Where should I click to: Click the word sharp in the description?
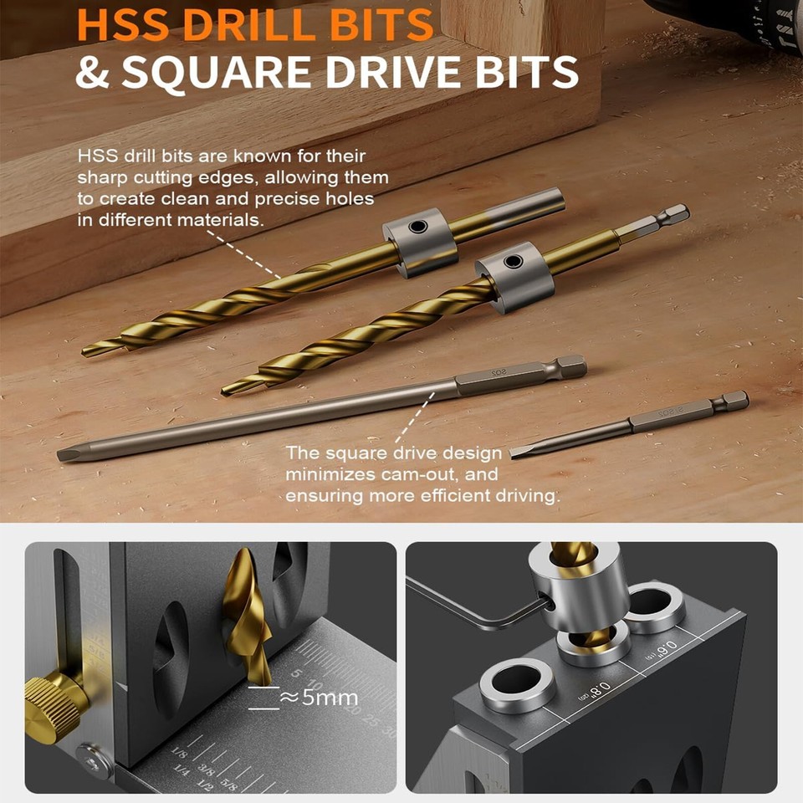click(100, 177)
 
